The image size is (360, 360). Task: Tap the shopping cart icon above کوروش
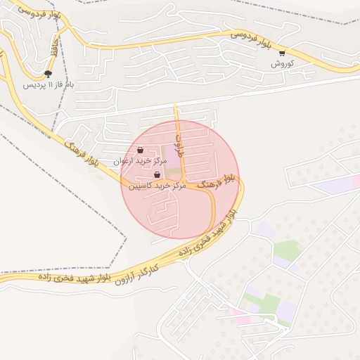[x=282, y=53]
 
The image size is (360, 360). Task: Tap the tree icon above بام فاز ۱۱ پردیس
[x=48, y=74]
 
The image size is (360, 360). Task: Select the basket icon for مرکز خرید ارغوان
[x=141, y=150]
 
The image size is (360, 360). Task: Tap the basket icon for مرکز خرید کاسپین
[x=157, y=175]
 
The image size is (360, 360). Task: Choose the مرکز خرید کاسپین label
[x=156, y=186]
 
